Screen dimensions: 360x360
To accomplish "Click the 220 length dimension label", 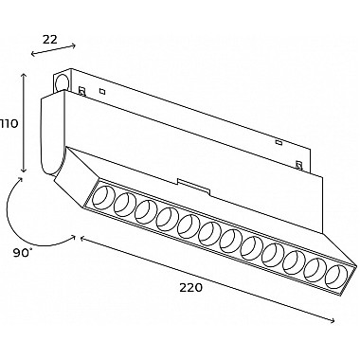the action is coord(190,288).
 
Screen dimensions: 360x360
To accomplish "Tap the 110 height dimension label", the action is coord(9,123).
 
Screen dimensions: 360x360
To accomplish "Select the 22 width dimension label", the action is coord(50,40).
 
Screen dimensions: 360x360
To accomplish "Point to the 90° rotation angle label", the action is coord(23,253).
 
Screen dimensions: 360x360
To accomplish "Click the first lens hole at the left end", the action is coord(103,199).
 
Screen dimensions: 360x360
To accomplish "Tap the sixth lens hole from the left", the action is coord(210,232).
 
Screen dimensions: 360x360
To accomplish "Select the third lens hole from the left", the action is coord(147,212).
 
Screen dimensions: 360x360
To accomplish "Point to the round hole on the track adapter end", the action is coord(62,82).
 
